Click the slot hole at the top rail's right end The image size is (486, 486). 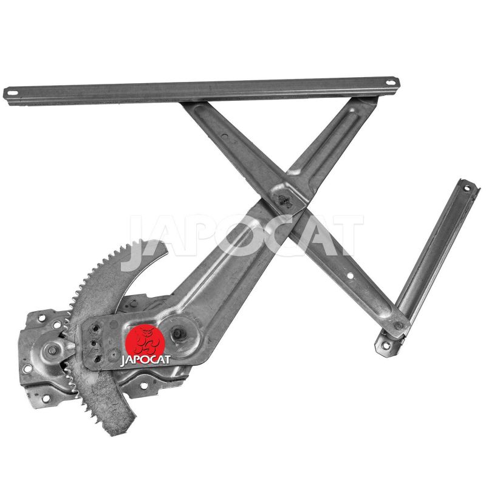391,83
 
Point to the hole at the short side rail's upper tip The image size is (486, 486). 466,188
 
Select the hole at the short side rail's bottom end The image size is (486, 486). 385,345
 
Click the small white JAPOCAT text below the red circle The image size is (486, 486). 145,360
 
